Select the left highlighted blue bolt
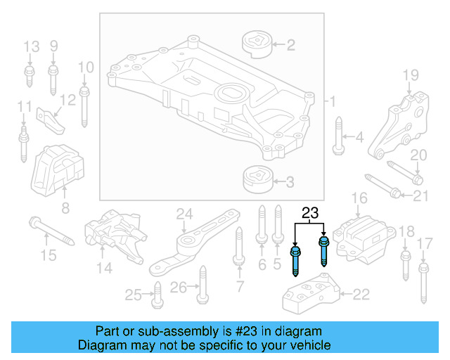point(296,259)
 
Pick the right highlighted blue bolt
point(324,254)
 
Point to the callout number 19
point(410,75)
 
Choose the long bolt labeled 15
point(51,231)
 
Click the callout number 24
point(184,213)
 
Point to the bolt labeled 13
point(31,77)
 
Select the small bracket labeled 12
point(50,117)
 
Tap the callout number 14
point(104,266)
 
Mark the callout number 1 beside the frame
point(333,102)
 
